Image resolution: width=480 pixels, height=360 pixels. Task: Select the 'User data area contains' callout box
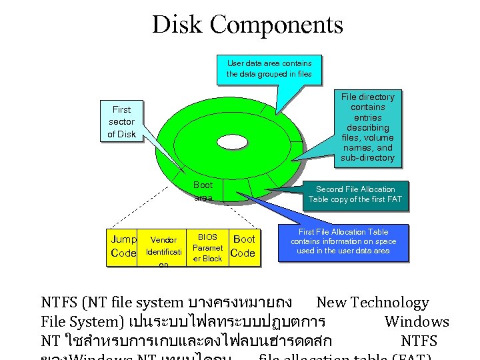[x=269, y=69]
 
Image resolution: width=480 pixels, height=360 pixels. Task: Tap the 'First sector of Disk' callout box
[x=121, y=121]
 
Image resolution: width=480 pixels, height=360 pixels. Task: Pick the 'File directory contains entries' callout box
[x=367, y=127]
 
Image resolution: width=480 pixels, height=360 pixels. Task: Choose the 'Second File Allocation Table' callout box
[x=355, y=194]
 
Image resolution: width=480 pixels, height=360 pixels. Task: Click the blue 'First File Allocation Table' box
[x=343, y=241]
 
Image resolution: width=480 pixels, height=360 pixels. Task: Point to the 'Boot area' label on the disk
[x=203, y=191]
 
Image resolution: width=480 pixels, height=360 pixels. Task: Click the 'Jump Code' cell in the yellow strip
[x=123, y=246]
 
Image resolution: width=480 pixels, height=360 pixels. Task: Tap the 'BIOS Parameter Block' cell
[x=207, y=248]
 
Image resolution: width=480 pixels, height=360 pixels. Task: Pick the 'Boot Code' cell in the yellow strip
[x=243, y=246]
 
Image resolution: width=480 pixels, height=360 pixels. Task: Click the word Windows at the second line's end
[x=417, y=322]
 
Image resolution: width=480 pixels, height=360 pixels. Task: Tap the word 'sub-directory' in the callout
[x=367, y=158]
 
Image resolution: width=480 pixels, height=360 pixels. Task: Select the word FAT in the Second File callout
[x=393, y=199]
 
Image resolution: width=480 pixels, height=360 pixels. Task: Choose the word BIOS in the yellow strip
[x=207, y=237]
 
